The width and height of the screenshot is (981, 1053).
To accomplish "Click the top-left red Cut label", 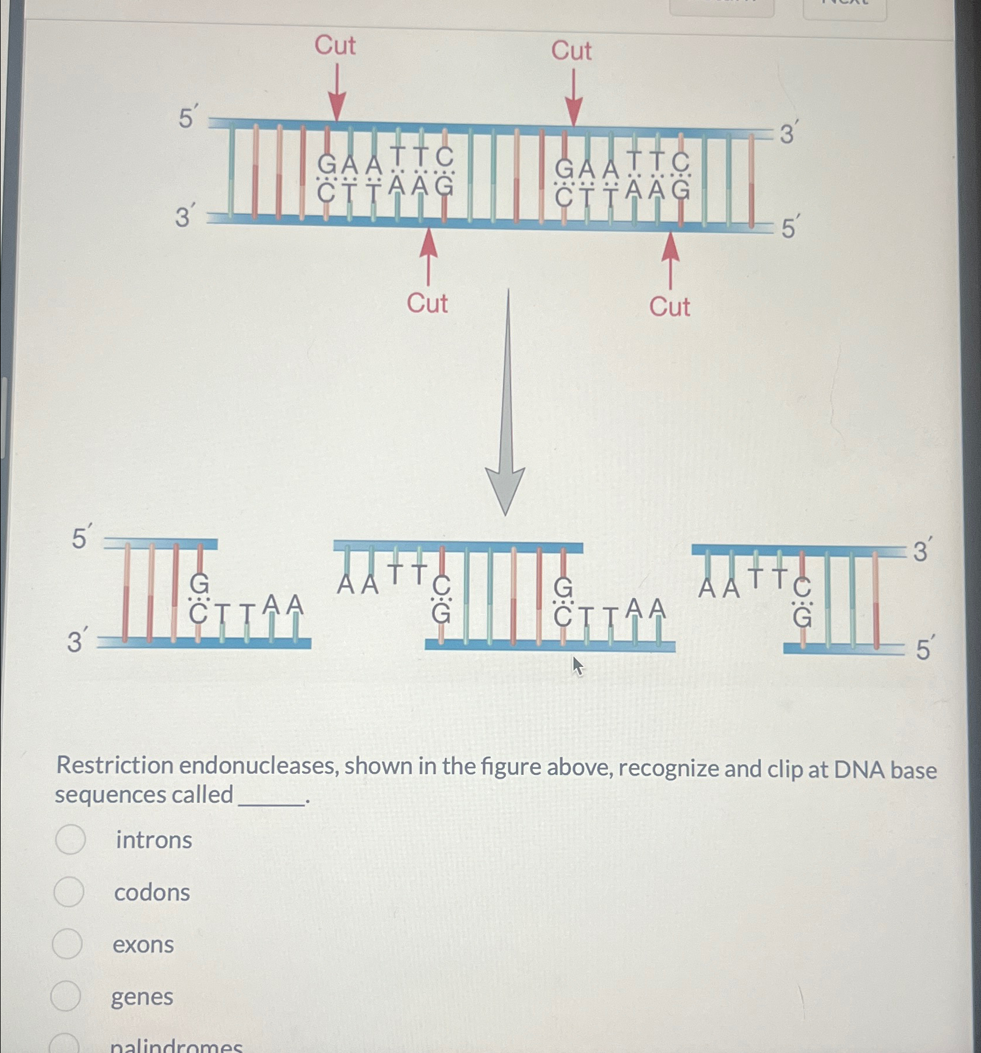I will click(335, 45).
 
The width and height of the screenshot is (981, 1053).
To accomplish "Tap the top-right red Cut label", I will click(571, 51).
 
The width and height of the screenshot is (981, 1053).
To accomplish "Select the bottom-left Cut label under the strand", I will click(427, 304).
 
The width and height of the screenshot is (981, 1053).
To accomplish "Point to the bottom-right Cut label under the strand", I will click(669, 307).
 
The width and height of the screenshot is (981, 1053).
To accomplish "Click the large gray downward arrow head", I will click(506, 490).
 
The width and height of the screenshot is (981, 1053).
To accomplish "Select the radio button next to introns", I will click(71, 840).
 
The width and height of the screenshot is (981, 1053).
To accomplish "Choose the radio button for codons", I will click(69, 892).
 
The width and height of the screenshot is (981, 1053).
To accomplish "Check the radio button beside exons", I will click(68, 944).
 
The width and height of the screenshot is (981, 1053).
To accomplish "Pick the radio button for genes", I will click(66, 996).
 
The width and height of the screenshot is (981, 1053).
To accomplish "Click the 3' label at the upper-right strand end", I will click(787, 134).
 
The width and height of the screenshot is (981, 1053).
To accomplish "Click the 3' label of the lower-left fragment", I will click(78, 641).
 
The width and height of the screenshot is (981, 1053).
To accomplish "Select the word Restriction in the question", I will click(115, 766).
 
